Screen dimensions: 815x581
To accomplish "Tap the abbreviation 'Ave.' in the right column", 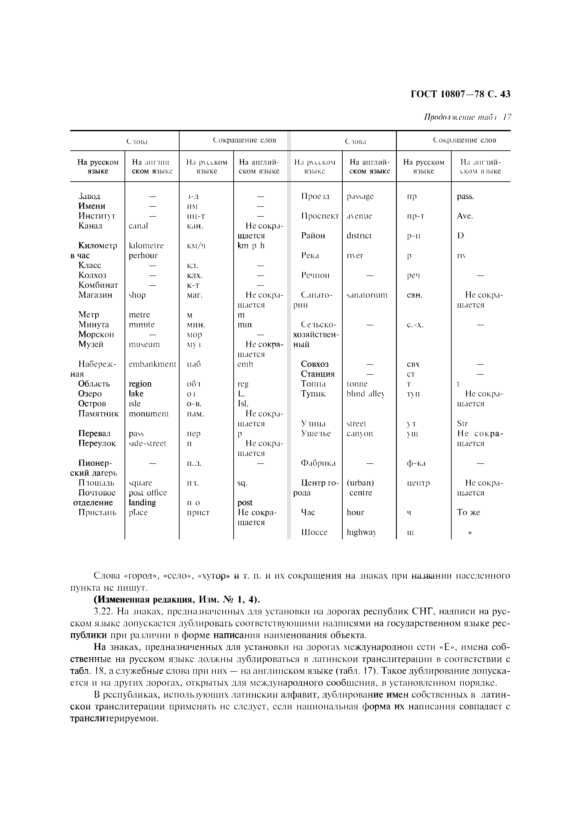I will pyautogui.click(x=465, y=216).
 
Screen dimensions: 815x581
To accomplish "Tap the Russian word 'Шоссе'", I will pyautogui.click(x=314, y=533).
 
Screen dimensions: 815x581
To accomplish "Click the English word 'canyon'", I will pyautogui.click(x=360, y=434).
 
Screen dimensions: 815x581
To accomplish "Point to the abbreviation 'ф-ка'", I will pyautogui.click(x=416, y=463).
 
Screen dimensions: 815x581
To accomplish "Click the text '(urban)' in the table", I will pyautogui.click(x=360, y=483).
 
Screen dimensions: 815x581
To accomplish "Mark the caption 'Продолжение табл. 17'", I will pyautogui.click(x=467, y=117).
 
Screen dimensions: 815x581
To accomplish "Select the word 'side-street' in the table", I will pyautogui.click(x=147, y=443).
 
